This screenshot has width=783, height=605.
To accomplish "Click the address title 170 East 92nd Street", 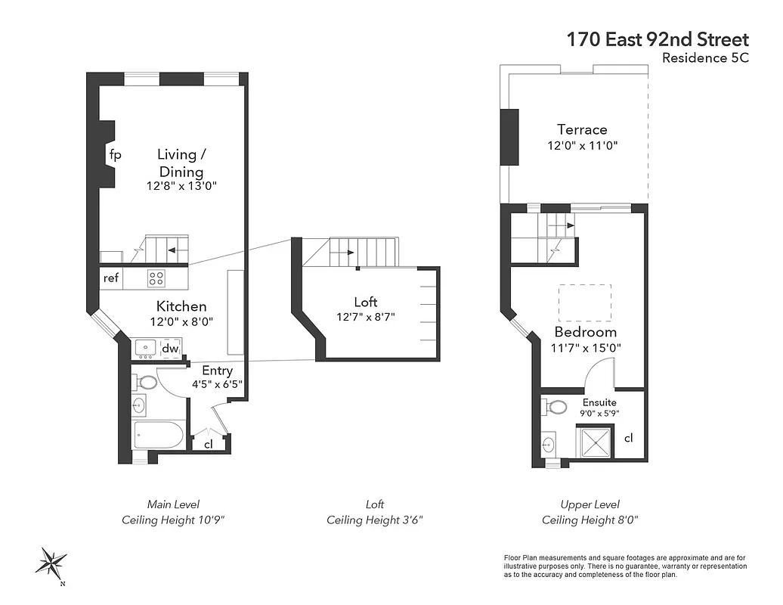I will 658,39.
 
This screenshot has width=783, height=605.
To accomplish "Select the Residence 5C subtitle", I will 704,58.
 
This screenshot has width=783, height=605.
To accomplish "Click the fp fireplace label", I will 115,155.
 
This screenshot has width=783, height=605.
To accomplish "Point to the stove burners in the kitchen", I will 156,278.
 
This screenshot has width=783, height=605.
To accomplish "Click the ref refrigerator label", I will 111,278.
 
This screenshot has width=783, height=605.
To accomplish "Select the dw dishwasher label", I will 170,349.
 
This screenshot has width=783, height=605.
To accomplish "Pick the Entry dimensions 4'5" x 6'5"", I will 217,384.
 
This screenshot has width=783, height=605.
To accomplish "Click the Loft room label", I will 366,302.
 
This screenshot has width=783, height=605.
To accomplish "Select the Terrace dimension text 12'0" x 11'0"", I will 583,145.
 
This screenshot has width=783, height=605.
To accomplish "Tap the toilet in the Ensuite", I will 556,407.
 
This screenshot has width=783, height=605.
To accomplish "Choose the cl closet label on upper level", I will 629,438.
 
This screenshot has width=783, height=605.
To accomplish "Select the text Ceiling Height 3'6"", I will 375,520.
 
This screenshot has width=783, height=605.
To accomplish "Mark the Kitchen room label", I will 181,306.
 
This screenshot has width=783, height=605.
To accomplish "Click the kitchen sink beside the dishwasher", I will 145,348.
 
